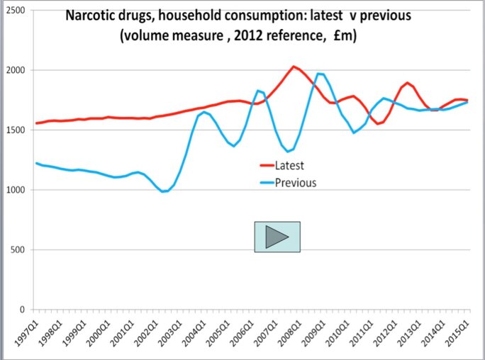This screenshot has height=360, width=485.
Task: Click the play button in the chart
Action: pos(277,237)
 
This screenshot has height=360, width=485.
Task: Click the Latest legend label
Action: pos(289,166)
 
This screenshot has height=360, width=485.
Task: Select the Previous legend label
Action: pos(296,182)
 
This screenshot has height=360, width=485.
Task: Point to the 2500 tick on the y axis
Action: pos(17,11)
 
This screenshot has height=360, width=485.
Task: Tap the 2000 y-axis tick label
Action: pos(17,70)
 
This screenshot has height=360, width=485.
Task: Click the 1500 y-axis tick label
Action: pos(17,130)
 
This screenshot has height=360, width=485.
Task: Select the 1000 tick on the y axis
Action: pos(17,190)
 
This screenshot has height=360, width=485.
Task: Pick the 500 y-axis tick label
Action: pos(19,249)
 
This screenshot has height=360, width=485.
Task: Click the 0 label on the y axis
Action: pos(25,310)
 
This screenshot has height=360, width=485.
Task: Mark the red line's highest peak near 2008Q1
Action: pos(294,67)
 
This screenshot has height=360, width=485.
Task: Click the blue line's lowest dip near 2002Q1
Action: pos(165,191)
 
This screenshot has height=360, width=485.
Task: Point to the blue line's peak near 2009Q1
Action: pos(320,74)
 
